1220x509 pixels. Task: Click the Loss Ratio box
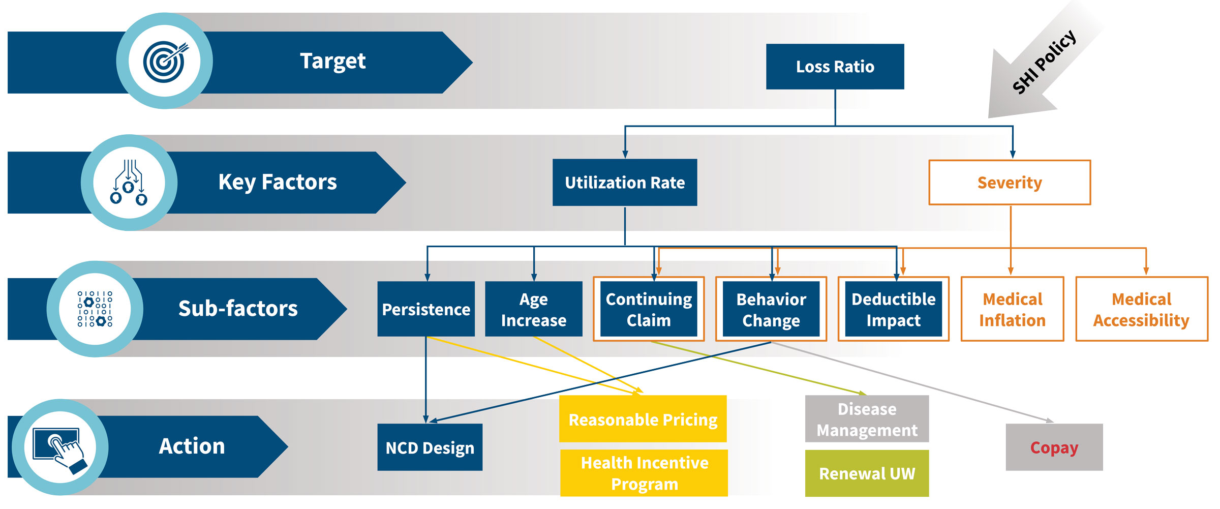point(835,67)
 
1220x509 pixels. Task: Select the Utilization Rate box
point(625,183)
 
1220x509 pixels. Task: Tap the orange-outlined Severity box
point(1010,183)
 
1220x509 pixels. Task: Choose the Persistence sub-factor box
point(426,309)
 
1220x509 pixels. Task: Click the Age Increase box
point(534,309)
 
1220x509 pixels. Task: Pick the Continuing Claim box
point(649,309)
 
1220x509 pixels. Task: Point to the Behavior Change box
point(771,309)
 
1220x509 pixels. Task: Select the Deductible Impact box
point(894,309)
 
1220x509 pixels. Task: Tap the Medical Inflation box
point(1012,309)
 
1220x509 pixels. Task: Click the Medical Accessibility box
point(1142,309)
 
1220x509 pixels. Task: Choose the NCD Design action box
point(430,447)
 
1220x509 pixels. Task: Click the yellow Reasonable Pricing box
point(643,419)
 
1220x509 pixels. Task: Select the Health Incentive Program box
point(644,473)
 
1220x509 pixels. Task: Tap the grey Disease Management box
point(867,419)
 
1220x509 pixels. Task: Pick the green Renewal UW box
point(867,473)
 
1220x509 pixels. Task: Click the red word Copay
point(1054,447)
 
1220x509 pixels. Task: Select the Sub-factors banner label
point(238,309)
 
